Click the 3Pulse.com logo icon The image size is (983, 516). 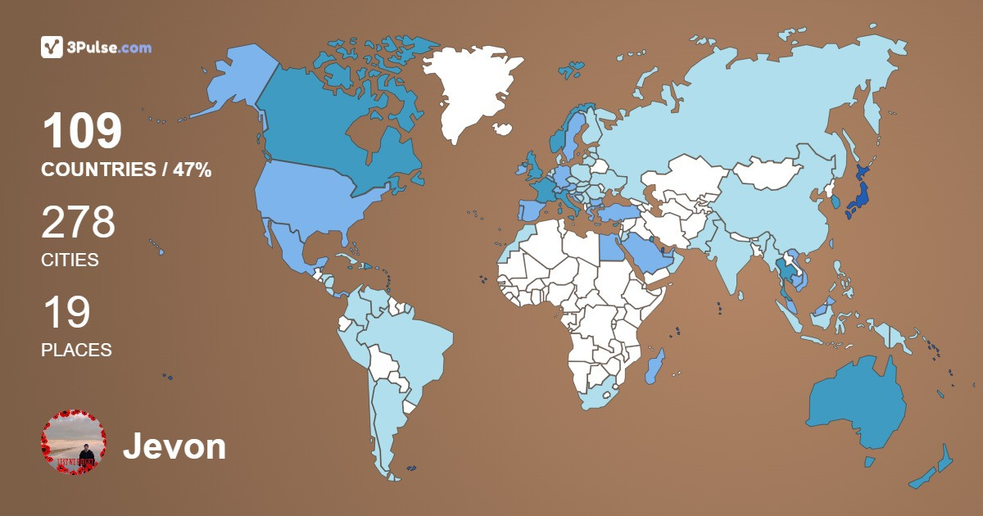(52, 48)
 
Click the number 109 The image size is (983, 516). (82, 131)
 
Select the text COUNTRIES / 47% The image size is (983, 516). (126, 170)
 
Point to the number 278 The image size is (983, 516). (78, 223)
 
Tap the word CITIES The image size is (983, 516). (70, 260)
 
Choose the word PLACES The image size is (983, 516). (76, 350)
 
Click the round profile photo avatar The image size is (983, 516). (74, 442)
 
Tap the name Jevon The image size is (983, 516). (174, 446)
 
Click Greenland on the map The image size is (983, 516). (471, 90)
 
